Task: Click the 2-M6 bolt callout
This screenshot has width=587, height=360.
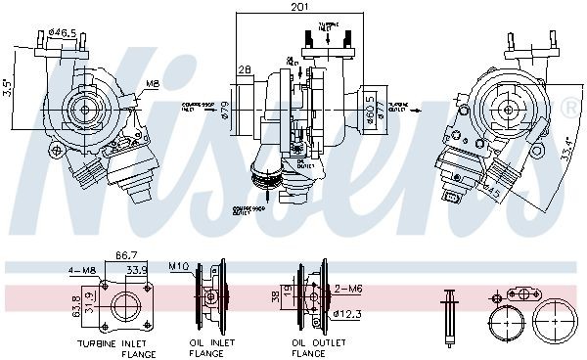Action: [349, 290]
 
